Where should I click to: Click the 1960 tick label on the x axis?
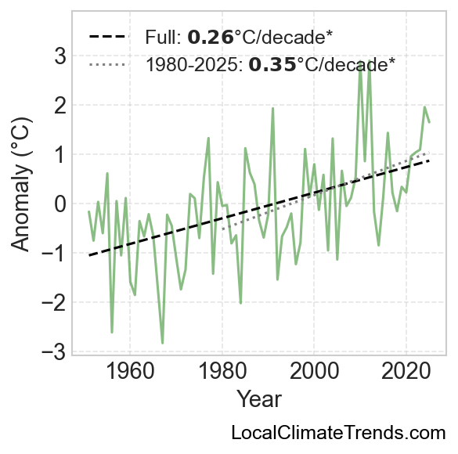(130, 372)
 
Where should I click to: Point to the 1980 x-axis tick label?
(222, 372)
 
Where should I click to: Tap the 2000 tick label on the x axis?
(314, 372)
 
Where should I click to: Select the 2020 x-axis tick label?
(406, 372)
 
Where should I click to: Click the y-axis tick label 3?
(60, 56)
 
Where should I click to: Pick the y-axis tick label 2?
(60, 105)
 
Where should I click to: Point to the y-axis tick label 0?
(60, 204)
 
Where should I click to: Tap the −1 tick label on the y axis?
(54, 253)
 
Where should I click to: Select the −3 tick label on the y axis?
(54, 351)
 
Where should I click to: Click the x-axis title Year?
(259, 399)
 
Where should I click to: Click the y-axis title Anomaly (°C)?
(21, 184)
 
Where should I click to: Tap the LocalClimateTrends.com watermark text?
(338, 432)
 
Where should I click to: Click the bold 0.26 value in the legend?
(211, 38)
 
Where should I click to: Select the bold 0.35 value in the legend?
(272, 64)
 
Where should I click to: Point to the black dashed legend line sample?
(109, 37)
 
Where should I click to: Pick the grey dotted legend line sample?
(109, 64)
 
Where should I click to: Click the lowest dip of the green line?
(162, 344)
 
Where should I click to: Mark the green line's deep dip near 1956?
(112, 332)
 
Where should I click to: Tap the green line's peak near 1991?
(272, 108)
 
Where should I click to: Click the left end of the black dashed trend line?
(89, 256)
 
